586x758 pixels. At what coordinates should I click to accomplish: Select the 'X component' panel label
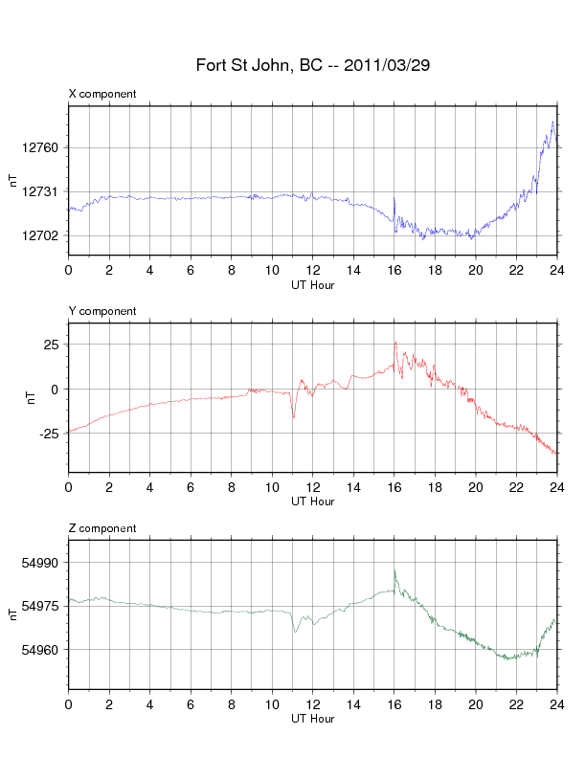click(102, 94)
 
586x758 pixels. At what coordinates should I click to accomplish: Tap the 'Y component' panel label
click(102, 311)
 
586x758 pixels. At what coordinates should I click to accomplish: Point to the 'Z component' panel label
click(102, 528)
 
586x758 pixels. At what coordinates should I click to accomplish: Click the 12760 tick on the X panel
click(40, 147)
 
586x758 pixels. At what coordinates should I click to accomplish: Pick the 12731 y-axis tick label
click(40, 191)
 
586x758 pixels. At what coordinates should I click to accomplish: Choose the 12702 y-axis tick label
click(40, 235)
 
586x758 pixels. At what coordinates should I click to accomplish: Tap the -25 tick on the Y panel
click(48, 433)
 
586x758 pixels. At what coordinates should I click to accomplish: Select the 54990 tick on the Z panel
click(40, 563)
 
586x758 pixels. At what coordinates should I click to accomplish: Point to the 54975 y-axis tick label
click(40, 606)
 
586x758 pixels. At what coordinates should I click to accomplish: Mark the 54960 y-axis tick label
click(40, 649)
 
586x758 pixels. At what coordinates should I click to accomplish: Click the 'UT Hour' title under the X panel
click(312, 284)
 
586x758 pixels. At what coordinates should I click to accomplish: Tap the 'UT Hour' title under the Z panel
click(312, 719)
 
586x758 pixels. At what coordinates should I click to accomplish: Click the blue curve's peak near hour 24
click(553, 123)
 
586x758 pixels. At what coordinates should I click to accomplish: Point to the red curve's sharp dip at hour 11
click(293, 417)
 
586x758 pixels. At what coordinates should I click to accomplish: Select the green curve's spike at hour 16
click(394, 569)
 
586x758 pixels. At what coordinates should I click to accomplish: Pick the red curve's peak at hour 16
click(395, 342)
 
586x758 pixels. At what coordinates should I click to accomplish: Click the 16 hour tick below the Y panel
click(394, 487)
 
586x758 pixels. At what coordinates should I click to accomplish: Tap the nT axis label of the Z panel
click(12, 613)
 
